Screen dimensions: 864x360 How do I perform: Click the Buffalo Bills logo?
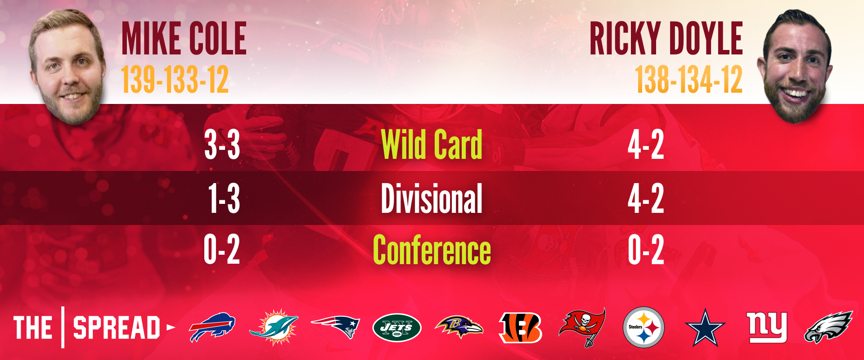point(212,327)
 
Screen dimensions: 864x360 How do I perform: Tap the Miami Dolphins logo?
point(274,327)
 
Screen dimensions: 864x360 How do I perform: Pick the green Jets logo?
point(397,328)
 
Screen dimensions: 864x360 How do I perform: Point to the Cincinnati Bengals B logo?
point(521,327)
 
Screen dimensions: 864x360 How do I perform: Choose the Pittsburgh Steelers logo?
point(644,327)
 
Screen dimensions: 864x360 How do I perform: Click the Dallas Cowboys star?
point(705,328)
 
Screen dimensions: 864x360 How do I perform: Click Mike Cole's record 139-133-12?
point(175,80)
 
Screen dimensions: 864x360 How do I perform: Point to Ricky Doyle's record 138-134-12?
point(688,80)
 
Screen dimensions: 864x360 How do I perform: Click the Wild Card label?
point(432,144)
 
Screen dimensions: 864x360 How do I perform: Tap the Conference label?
point(432,250)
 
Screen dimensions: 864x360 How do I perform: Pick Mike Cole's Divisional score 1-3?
point(224,198)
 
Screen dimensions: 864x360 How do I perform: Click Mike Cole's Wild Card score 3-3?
point(222,145)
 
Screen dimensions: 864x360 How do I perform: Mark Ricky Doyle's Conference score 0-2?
point(646,250)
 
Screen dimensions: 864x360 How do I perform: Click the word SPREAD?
point(117,328)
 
